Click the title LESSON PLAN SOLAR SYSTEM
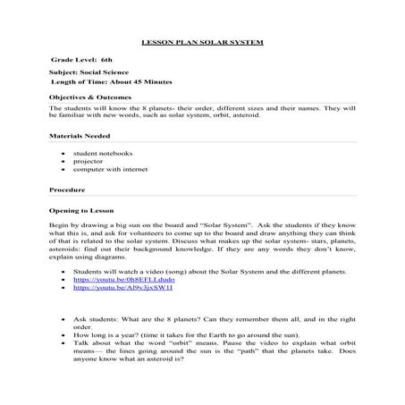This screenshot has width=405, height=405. click(203, 42)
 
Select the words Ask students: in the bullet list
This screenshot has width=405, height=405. click(96, 317)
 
